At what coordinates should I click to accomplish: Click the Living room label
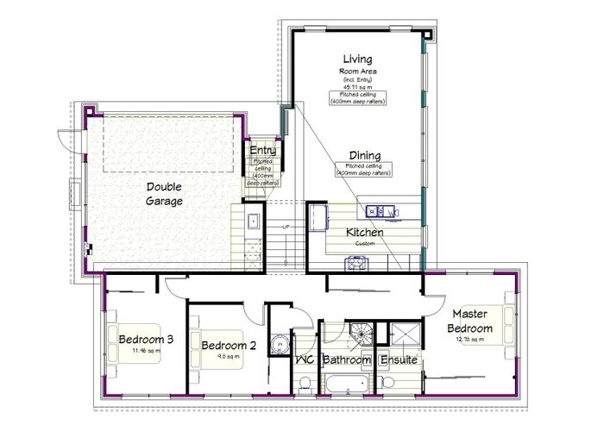356,58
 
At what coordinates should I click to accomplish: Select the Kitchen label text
364,233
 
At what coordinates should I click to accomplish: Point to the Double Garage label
164,194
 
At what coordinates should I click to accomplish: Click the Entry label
262,151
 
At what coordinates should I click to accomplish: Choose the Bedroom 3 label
147,339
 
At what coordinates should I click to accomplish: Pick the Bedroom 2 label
229,346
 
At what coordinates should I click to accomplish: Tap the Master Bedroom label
472,322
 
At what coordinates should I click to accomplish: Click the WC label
304,360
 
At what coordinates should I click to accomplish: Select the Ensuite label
400,360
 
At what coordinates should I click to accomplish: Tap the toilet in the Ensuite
387,382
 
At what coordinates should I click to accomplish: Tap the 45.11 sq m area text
356,87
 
